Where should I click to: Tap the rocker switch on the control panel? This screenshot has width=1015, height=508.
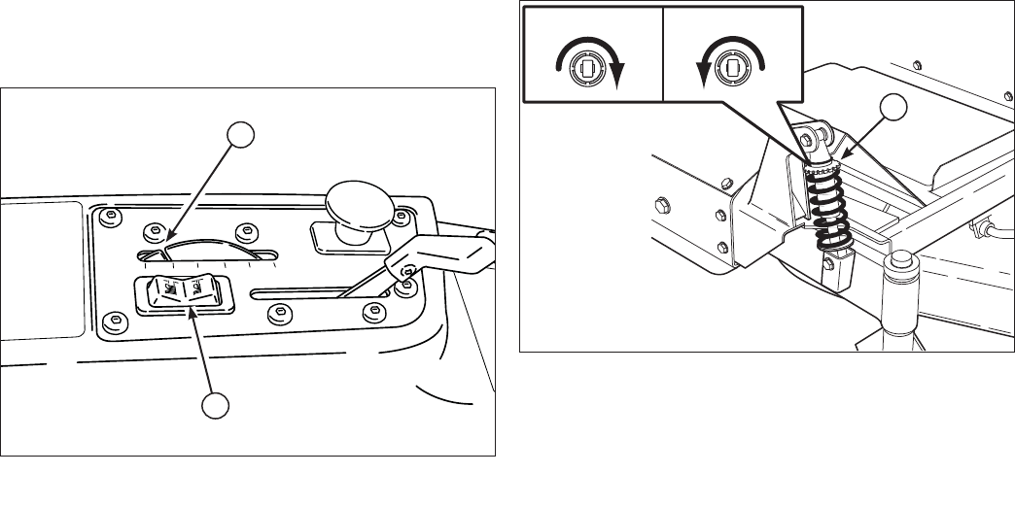pyautogui.click(x=185, y=292)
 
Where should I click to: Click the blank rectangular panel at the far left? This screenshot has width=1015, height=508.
pyautogui.click(x=41, y=269)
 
